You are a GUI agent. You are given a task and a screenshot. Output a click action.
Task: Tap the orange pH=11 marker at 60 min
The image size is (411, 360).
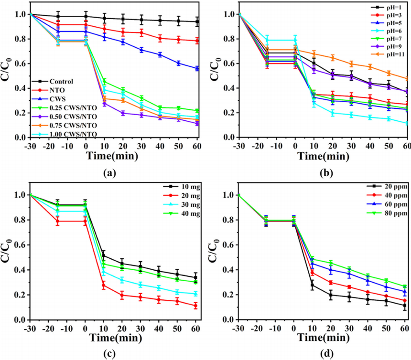[x=406, y=79]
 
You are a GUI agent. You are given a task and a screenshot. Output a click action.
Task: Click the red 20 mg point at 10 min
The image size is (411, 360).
[x=104, y=286]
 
